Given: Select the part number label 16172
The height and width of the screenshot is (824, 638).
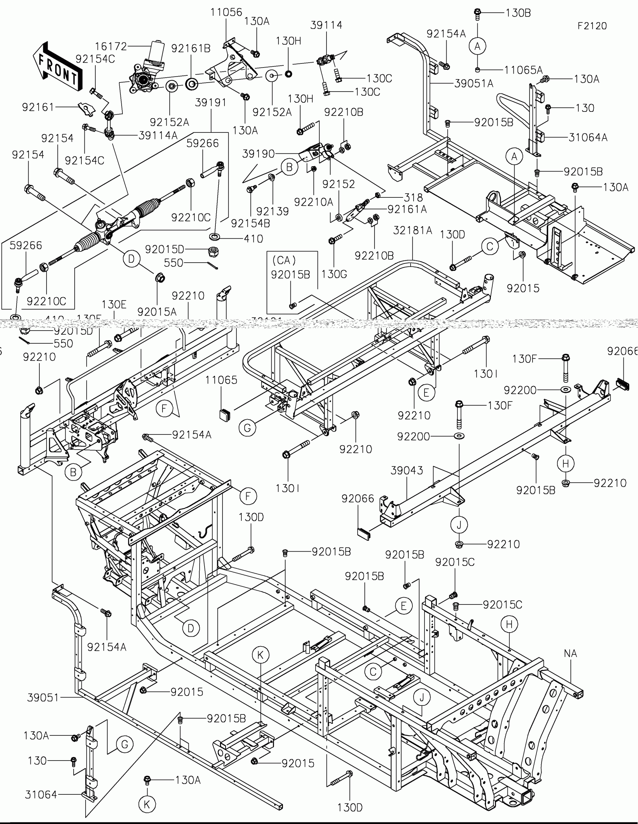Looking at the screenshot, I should (x=111, y=47).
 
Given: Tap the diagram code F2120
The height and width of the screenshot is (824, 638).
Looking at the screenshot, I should (x=592, y=26).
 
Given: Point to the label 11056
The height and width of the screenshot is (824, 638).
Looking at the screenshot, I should (x=226, y=12).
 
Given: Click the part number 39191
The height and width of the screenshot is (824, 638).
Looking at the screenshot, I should (x=211, y=102).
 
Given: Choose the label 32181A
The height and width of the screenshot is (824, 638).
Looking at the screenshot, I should (x=412, y=230).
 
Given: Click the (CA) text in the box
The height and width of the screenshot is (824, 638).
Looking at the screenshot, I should (x=284, y=260).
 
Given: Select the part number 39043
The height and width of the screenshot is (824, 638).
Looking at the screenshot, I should (x=407, y=470).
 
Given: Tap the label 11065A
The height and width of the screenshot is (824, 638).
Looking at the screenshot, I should (x=523, y=70).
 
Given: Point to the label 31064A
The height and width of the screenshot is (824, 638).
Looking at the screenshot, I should (x=588, y=137).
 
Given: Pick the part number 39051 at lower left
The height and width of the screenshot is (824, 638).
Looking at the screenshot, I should (x=43, y=698).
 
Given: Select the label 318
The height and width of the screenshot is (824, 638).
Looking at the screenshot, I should (x=413, y=197).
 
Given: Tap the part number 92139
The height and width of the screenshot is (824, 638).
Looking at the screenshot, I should (x=272, y=211).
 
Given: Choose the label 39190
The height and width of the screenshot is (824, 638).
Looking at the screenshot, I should (x=259, y=154).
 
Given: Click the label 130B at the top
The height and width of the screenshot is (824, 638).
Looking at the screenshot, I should (x=518, y=13).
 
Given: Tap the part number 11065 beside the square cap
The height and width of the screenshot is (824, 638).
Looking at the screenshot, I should (x=221, y=380).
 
